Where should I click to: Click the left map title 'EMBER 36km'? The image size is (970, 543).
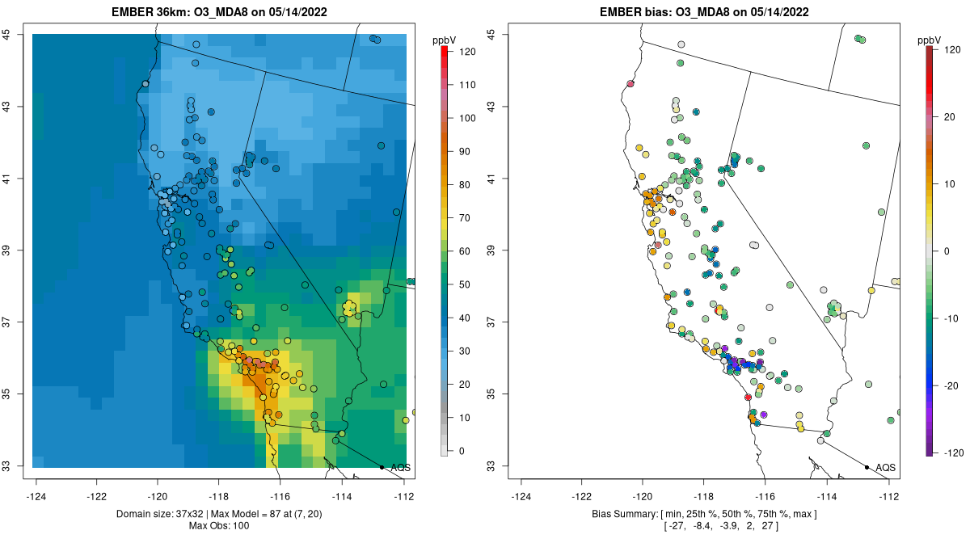150,12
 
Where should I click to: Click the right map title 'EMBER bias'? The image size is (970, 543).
635,12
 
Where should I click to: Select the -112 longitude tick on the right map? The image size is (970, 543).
889,495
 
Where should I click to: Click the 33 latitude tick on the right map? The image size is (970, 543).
501,466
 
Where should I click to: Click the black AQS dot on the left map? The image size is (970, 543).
382,467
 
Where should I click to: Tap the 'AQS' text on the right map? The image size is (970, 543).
885,467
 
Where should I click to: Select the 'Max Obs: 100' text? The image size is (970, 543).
218,526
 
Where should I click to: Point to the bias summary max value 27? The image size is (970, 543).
767,526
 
